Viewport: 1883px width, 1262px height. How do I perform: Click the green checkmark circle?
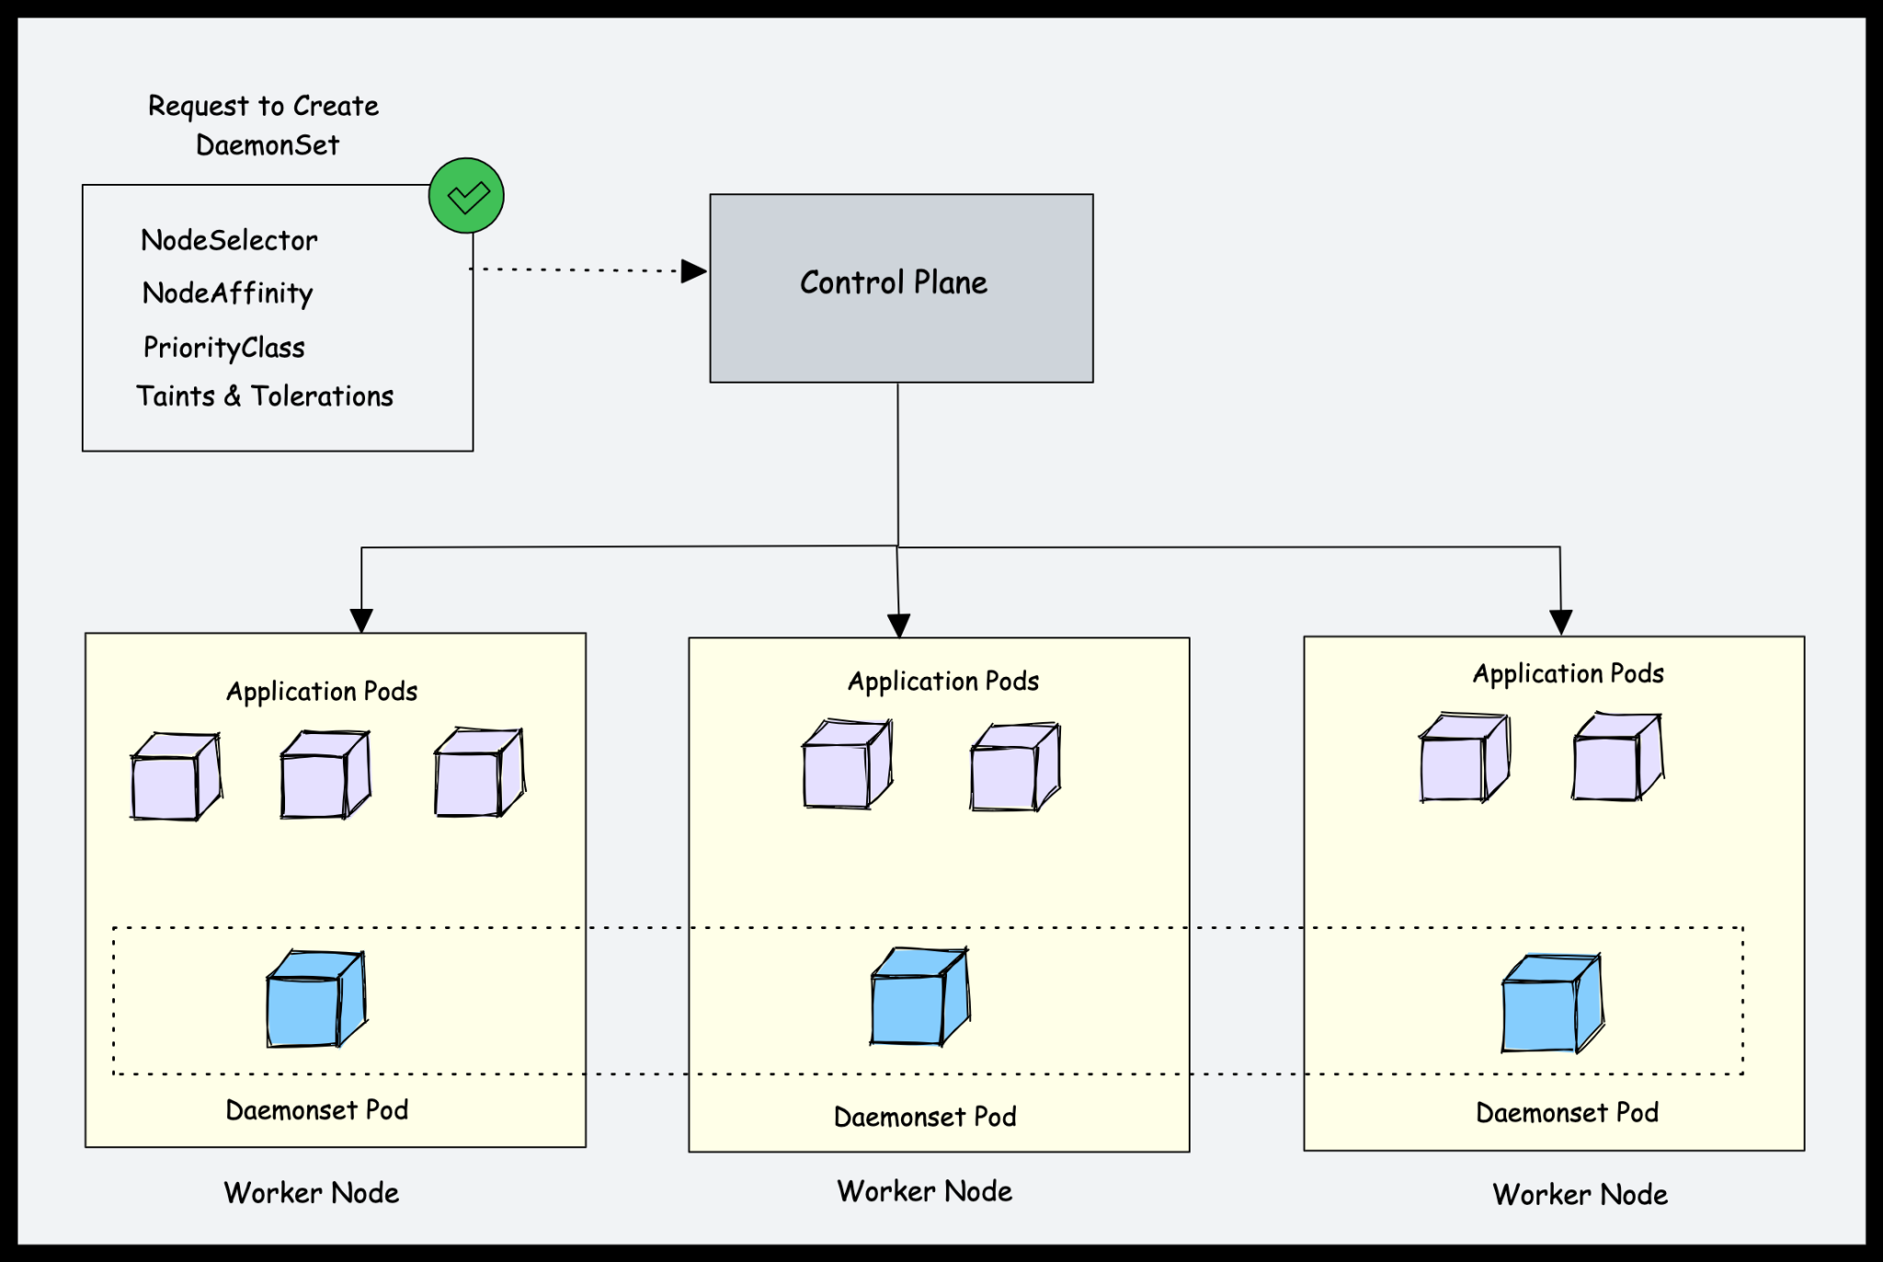click(466, 196)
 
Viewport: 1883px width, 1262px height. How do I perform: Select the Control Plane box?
click(900, 288)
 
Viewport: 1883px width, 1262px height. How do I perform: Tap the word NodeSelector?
click(229, 241)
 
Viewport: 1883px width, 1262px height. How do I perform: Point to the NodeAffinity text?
click(227, 293)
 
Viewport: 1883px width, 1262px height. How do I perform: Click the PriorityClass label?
click(223, 348)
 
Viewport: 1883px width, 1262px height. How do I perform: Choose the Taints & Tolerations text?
click(265, 396)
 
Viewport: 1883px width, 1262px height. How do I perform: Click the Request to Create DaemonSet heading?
click(264, 125)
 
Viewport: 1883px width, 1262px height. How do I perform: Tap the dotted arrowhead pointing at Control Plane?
click(693, 271)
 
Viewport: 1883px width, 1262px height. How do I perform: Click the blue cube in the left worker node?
click(315, 1000)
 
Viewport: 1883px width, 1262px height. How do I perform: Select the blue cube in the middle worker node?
click(919, 998)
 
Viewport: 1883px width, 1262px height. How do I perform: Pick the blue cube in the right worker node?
click(1551, 1004)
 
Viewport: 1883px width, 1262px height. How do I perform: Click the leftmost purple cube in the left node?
click(176, 776)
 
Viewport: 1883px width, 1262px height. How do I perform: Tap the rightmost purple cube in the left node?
click(479, 773)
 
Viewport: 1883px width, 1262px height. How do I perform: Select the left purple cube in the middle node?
click(846, 765)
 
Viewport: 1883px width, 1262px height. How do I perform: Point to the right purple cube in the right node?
click(1616, 757)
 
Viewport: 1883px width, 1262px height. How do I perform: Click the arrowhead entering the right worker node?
click(1560, 622)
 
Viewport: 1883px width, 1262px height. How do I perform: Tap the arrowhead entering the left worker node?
click(361, 620)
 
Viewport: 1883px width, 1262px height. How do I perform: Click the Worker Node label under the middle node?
click(924, 1192)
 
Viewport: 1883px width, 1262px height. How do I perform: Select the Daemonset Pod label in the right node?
click(1567, 1113)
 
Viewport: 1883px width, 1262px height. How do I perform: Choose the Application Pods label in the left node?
click(322, 692)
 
